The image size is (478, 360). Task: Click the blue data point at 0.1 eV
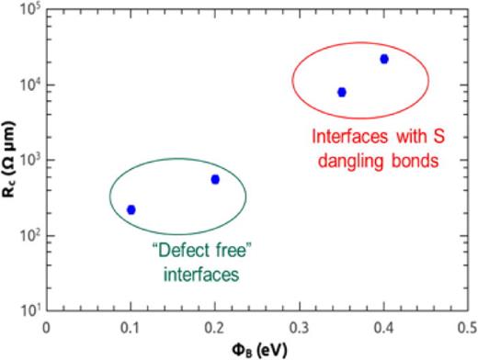coord(131,209)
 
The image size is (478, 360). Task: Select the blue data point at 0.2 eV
coord(215,179)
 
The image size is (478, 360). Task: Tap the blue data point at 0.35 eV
coord(342,92)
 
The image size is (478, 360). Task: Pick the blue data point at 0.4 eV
coord(384,59)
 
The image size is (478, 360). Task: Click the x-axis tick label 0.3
coord(300,325)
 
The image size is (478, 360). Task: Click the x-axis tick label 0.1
coord(131,325)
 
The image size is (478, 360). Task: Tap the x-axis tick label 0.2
coord(215,325)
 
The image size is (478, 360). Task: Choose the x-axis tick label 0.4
coord(383,325)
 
